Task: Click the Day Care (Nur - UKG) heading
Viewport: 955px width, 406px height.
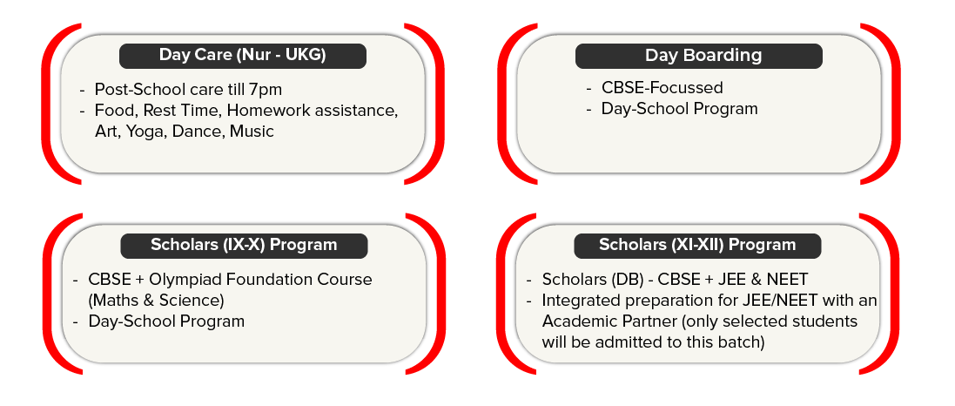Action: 242,56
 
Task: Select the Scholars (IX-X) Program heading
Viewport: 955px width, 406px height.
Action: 244,245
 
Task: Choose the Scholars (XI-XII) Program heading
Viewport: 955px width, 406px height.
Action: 697,245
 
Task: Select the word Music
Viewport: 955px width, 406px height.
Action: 252,132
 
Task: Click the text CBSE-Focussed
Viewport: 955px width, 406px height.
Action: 662,88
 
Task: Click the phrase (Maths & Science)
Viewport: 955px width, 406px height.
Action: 157,301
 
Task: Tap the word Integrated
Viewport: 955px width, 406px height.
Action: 580,301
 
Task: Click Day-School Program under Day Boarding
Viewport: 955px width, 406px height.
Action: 679,109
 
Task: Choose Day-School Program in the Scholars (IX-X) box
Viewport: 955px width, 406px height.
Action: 166,321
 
